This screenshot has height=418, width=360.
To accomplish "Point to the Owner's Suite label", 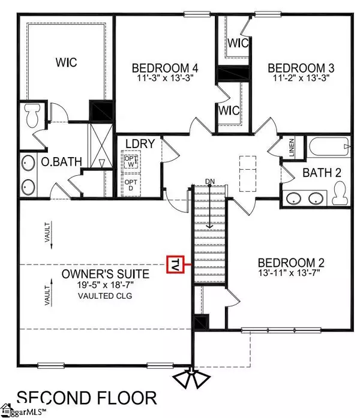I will pyautogui.click(x=114, y=274).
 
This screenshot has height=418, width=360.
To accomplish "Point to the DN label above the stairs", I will pyautogui.click(x=209, y=181).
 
